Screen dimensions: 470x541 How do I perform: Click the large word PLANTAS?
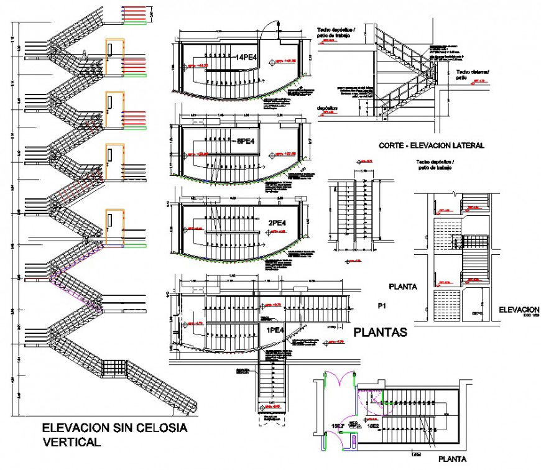point(380,333)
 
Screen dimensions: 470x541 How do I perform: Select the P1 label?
point(382,306)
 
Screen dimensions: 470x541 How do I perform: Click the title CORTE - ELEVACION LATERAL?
point(431,145)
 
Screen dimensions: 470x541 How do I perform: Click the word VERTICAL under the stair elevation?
point(70,442)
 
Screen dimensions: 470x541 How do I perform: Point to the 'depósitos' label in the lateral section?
point(327,108)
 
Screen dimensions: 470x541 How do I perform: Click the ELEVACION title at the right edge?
point(519,310)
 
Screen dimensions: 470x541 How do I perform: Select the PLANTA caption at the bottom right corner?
point(451,459)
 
